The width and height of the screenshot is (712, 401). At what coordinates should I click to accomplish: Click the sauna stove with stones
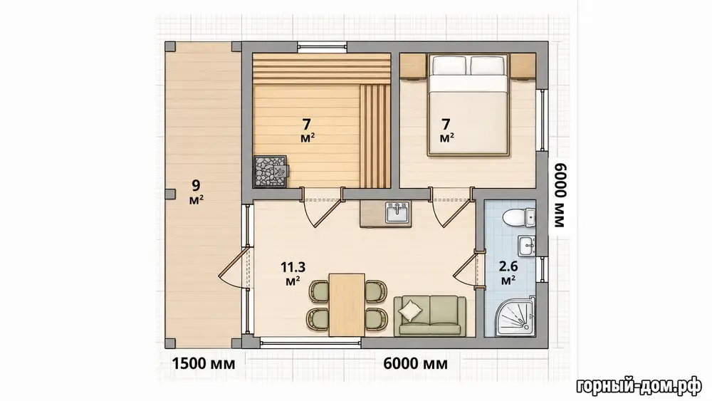271,171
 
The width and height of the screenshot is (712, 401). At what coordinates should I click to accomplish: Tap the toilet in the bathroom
518,217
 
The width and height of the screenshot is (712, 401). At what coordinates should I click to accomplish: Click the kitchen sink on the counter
398,212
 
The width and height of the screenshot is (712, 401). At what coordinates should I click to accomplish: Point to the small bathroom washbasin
526,246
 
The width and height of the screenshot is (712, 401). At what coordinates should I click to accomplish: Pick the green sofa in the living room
429,316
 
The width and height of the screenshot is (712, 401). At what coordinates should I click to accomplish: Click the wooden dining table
347,305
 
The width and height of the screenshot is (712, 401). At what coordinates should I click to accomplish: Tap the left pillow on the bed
449,65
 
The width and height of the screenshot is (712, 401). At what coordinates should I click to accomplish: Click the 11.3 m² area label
293,274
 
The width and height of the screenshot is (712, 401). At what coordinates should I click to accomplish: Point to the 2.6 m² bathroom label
508,273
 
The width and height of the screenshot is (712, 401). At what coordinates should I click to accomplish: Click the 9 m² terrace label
197,192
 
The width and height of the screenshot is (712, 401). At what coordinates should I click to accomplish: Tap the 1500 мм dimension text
204,364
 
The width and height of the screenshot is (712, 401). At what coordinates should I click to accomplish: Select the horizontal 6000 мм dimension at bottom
416,364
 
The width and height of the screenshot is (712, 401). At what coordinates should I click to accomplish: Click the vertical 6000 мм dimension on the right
560,195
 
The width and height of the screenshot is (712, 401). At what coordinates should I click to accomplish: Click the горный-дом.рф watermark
639,387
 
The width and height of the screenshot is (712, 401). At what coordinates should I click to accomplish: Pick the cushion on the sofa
411,311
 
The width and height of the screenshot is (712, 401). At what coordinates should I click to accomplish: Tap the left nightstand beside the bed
412,66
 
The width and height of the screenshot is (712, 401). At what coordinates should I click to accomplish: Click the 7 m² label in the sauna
308,130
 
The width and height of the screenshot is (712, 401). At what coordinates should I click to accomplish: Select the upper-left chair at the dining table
320,291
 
